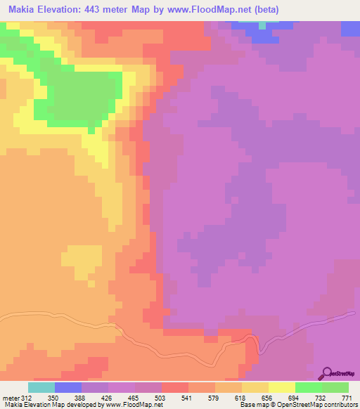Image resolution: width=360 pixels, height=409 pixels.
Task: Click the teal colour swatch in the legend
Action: pyautogui.click(x=41, y=387)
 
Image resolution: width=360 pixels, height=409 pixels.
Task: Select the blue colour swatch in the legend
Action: pyautogui.click(x=67, y=387)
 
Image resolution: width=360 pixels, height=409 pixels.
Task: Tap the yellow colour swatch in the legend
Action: pyautogui.click(x=281, y=387)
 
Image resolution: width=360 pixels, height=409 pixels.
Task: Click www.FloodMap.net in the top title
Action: pyautogui.click(x=211, y=10)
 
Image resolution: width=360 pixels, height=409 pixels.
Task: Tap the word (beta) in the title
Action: pyautogui.click(x=265, y=10)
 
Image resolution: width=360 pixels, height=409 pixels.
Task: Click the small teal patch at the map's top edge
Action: pyautogui.click(x=262, y=25)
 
